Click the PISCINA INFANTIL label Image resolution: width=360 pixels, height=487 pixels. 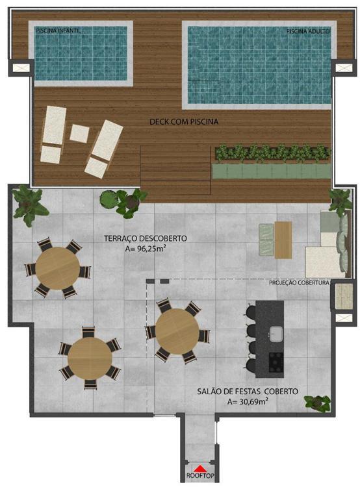pos(58,31)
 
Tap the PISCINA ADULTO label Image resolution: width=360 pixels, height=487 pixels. pos(308,31)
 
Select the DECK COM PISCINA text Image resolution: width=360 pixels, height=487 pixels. pos(184,121)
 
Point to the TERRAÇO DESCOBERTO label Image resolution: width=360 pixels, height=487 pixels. pos(146,238)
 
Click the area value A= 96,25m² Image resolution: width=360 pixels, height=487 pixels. pos(146,248)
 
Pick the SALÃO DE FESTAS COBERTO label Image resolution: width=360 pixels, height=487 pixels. pos(248,392)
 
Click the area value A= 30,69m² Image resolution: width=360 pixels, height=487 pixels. pos(248,401)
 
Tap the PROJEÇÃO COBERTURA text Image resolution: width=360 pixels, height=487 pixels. pos(299,283)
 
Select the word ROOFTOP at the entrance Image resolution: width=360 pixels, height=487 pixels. pos(201,475)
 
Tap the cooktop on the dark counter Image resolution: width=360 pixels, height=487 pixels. pos(276,362)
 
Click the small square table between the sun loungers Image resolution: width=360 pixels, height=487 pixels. pos(79,133)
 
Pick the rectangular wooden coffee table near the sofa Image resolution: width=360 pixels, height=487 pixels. pos(283,240)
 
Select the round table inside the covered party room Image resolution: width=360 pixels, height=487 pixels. pos(177,331)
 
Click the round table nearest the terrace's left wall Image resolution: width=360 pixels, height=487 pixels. pos(58,268)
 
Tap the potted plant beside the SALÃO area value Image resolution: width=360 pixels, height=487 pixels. pos(317,403)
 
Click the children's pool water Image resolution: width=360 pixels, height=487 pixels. pos(81,53)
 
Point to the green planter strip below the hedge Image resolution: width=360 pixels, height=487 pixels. pos(272,171)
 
